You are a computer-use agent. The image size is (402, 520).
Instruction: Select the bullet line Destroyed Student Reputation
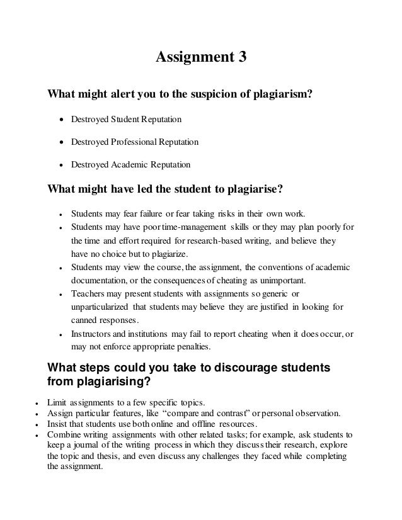pyautogui.click(x=127, y=119)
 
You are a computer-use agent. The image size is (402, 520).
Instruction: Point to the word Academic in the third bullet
pyautogui.click(x=130, y=164)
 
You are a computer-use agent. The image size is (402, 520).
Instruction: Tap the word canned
pyautogui.click(x=85, y=320)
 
